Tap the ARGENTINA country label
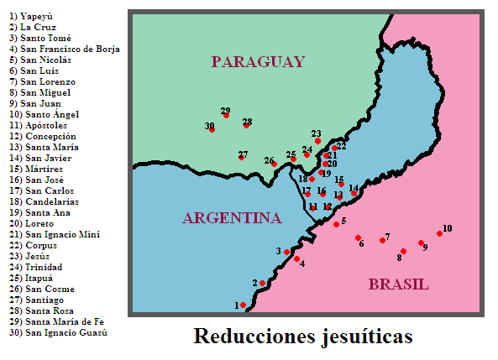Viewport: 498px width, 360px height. point(231,218)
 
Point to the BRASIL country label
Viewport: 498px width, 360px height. point(398,284)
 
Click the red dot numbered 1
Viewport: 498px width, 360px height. point(244,305)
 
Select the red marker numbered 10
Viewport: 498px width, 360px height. point(439,234)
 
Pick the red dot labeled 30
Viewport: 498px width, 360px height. point(212,130)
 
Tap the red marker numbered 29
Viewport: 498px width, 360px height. point(226,116)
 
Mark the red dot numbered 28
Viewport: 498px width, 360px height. point(247,126)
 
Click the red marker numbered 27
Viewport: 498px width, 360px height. point(242,157)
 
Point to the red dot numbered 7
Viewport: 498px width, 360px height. point(383,241)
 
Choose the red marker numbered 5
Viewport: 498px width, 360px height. point(336,224)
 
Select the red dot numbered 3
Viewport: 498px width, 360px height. point(287,252)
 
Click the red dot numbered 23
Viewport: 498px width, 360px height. point(317,140)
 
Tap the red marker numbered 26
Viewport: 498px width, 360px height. point(274,164)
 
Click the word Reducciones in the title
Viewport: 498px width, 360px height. point(249,337)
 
